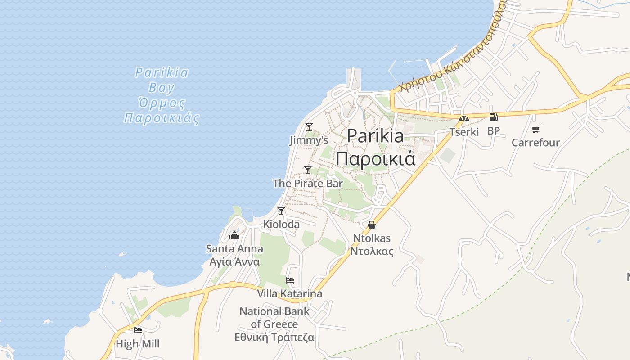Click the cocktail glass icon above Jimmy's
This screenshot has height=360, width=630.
tap(309, 127)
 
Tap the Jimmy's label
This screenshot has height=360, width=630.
tap(309, 140)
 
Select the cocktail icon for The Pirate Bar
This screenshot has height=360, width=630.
tap(308, 170)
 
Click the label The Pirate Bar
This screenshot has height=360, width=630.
tap(308, 184)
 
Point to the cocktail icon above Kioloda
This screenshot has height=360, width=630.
tap(281, 211)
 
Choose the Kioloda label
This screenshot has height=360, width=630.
tap(281, 224)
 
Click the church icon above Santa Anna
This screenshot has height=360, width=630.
tap(234, 235)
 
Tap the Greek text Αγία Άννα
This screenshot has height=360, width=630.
tap(234, 262)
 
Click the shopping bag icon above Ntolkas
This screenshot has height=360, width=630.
tap(372, 225)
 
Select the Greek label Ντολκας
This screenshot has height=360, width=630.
tap(372, 252)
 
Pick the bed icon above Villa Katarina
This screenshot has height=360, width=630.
tap(290, 280)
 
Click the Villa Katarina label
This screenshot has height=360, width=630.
tap(290, 294)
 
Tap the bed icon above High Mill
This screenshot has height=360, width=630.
tap(138, 330)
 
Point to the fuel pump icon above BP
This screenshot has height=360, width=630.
tap(494, 117)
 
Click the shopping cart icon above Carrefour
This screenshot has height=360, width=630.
tap(535, 130)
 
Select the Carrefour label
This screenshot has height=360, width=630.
tap(535, 143)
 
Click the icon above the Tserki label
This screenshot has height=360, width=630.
tap(464, 119)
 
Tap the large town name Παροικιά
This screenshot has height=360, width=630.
tap(375, 159)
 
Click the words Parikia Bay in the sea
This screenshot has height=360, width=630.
tap(162, 80)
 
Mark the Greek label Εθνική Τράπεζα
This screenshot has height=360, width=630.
tap(274, 337)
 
